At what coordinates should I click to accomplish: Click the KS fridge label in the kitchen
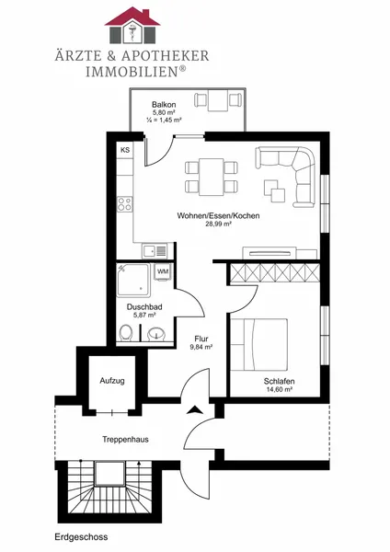pyautogui.click(x=125, y=150)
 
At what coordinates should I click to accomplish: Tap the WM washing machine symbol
pyautogui.click(x=163, y=271)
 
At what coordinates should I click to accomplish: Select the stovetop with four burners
pyautogui.click(x=124, y=204)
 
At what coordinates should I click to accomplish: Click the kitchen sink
pyautogui.click(x=155, y=251)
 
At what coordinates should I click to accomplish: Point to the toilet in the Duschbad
pyautogui.click(x=126, y=333)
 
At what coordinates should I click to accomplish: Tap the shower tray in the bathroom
pyautogui.click(x=133, y=281)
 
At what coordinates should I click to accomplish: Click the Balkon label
pyautogui.click(x=164, y=105)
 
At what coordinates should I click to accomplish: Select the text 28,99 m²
pyautogui.click(x=218, y=224)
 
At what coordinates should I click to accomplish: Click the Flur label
pyautogui.click(x=201, y=339)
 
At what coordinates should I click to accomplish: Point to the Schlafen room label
pyautogui.click(x=279, y=381)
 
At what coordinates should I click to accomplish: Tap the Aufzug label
pyautogui.click(x=112, y=381)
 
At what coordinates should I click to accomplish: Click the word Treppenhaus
pyautogui.click(x=125, y=440)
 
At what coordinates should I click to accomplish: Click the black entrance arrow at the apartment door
pyautogui.click(x=194, y=409)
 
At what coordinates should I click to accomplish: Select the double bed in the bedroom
pyautogui.click(x=259, y=344)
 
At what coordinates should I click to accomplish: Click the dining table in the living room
pyautogui.click(x=212, y=177)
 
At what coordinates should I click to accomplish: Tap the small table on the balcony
pyautogui.click(x=218, y=100)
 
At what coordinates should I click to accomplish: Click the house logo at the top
pyautogui.click(x=132, y=25)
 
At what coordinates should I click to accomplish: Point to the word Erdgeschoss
pyautogui.click(x=81, y=537)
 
